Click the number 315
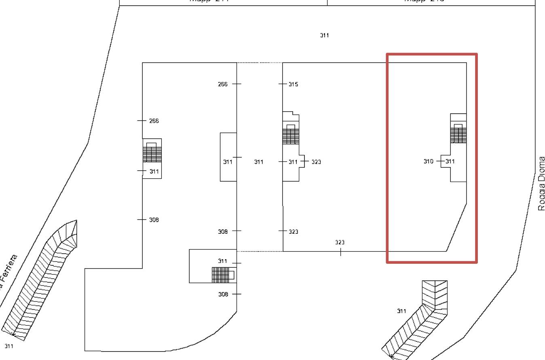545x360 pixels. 293,84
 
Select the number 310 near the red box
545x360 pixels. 428,161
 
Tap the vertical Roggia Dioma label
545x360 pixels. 541,183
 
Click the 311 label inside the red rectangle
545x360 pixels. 450,161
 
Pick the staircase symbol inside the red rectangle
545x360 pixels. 458,133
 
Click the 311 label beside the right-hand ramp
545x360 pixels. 401,311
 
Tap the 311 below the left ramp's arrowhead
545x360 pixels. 9,346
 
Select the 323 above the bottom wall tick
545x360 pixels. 340,242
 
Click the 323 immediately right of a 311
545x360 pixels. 316,162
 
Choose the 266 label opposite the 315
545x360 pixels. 222,84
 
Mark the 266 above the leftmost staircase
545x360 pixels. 154,121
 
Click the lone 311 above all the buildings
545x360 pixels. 324,35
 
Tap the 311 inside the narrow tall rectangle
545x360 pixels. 228,162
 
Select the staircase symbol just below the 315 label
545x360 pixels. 291,134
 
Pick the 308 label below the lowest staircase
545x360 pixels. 223,294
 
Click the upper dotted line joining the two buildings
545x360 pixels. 260,63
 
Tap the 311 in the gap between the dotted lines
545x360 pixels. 258,162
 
